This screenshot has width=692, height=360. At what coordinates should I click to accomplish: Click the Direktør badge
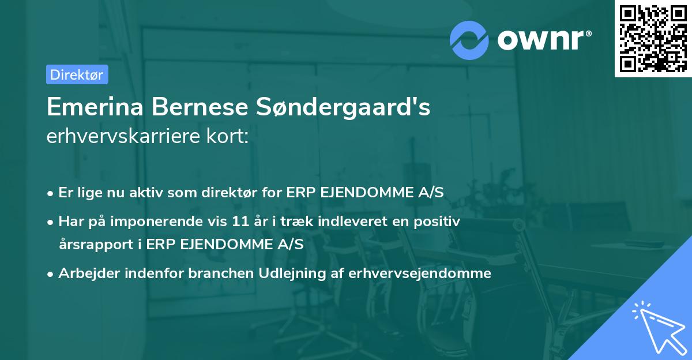[77, 74]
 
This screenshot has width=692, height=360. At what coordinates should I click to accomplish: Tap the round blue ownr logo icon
[470, 40]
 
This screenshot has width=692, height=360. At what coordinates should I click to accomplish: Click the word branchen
[215, 273]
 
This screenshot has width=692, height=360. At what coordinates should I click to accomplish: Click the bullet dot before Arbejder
[51, 273]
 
